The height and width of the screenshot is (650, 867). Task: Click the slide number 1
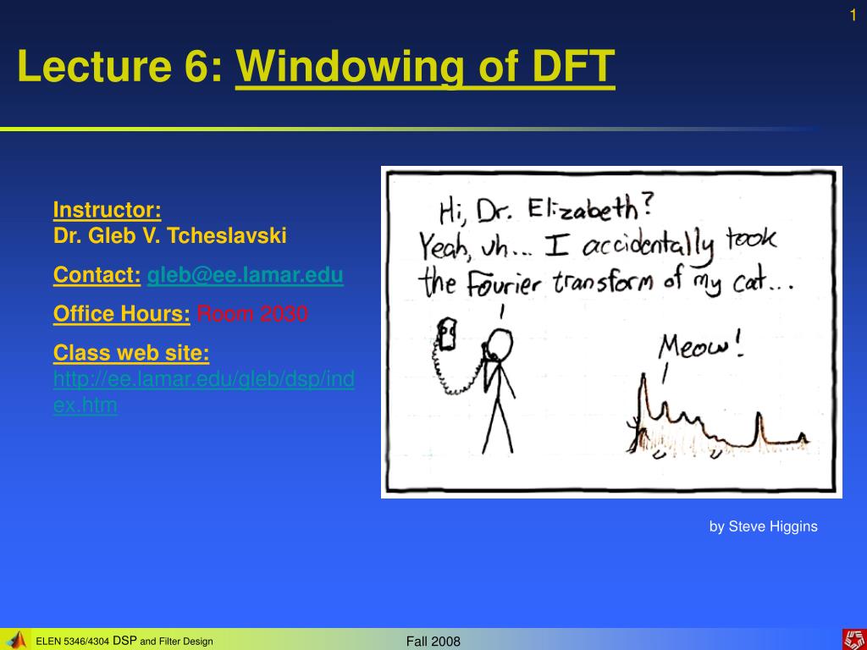pos(853,15)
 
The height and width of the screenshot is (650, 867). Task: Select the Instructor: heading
pos(108,210)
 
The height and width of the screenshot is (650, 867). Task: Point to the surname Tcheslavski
pos(227,235)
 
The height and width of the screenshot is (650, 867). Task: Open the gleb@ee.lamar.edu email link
pos(245,275)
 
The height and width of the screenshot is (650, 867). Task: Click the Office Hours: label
pos(122,313)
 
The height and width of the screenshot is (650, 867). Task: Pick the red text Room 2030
pos(252,313)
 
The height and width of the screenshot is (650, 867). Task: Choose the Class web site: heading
pos(131,353)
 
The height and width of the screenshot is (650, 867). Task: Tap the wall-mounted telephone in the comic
pos(447,333)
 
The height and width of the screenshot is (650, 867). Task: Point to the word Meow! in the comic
pos(700,347)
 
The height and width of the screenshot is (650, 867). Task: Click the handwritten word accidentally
pos(647,247)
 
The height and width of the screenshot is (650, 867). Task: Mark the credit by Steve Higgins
pos(763,526)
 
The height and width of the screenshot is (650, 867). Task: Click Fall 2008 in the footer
pos(433,642)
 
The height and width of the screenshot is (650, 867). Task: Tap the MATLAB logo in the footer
pos(17,640)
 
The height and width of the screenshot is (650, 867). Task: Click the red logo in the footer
pos(854,640)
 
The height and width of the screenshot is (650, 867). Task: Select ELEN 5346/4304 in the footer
pos(73,642)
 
